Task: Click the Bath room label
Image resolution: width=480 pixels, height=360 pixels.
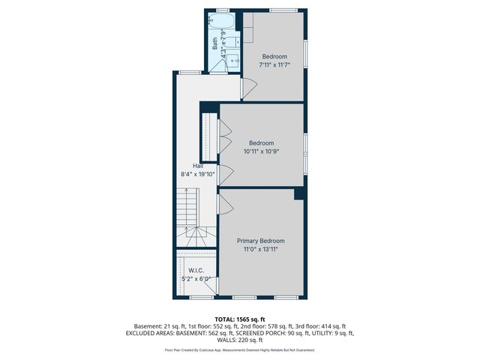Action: coord(215,44)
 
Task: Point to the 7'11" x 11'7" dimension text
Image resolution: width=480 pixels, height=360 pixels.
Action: coord(275,65)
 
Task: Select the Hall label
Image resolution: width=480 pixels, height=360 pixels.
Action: coord(198,166)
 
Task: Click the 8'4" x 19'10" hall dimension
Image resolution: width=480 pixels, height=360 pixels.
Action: coord(198,174)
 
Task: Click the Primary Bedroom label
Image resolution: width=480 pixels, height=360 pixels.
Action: coord(261,241)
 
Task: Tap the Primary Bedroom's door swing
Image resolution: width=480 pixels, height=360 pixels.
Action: coord(224,204)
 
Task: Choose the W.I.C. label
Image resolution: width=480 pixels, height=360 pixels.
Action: coord(196,271)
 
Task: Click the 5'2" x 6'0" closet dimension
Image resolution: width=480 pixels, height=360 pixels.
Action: coord(196,279)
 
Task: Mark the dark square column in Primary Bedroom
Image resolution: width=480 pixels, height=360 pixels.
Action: coord(299,193)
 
